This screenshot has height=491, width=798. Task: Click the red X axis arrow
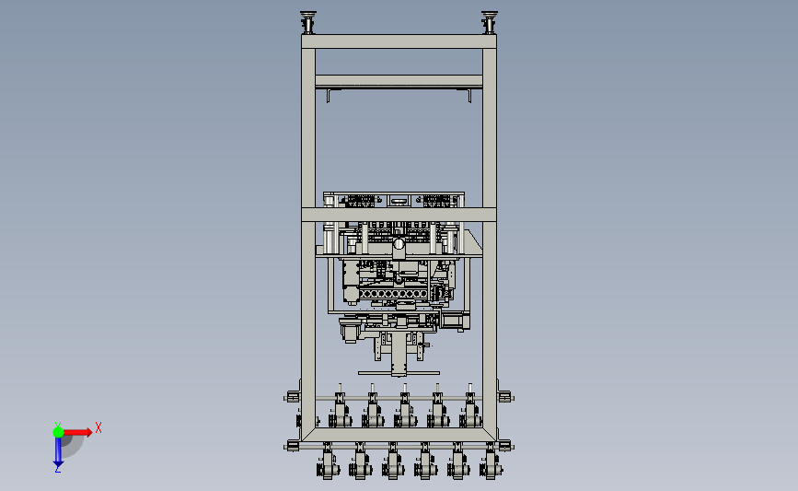tap(76, 432)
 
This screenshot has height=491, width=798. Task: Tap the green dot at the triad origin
tap(58, 432)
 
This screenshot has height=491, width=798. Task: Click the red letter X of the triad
tap(98, 427)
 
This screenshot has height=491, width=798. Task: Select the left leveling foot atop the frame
tap(308, 22)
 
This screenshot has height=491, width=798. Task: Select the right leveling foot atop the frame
tap(490, 22)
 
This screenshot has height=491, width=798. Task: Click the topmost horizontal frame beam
tap(399, 41)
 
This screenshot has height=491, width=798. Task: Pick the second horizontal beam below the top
tap(399, 81)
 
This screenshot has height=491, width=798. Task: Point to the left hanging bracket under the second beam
tap(330, 95)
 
